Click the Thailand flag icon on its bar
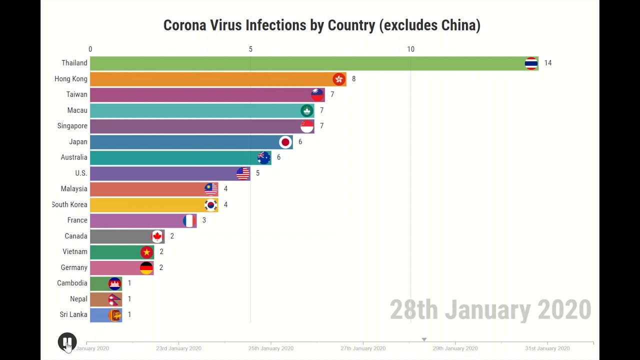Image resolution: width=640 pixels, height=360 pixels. pos(531,63)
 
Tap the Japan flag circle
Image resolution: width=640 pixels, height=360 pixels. pos(285,142)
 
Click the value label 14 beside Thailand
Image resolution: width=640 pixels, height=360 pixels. pos(548,63)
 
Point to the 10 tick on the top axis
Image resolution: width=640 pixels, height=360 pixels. pos(410,49)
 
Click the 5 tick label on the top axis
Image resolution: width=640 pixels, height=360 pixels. pos(250,49)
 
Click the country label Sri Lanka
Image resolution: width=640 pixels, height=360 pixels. pos(73,314)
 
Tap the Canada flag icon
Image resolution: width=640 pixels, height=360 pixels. pos(157,236)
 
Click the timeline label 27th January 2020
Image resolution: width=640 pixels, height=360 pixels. pos(363,348)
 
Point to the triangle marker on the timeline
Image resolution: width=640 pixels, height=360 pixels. pos(424,339)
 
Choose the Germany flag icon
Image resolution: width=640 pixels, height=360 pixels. pos(146,267)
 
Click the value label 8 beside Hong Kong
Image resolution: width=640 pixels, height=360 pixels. pos(353,79)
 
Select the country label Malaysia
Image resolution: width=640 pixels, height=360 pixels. pos(74,189)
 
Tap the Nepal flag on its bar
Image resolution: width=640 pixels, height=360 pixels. pos(114,299)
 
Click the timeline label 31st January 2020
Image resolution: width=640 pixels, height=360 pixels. pos(547,348)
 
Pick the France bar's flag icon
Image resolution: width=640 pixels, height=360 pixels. pos(189,220)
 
